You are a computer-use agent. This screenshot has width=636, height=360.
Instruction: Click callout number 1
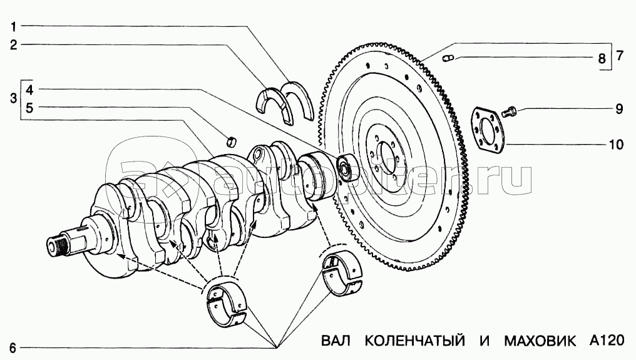(x=13, y=27)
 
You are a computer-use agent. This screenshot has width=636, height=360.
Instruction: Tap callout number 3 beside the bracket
(x=13, y=98)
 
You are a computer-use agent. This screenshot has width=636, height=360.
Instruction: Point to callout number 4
(x=30, y=90)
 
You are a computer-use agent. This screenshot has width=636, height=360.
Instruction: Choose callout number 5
(x=30, y=107)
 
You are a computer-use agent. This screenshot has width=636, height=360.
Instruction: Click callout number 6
(x=13, y=346)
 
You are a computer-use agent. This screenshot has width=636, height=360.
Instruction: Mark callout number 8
(x=602, y=59)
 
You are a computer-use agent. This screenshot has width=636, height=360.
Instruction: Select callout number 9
(x=618, y=110)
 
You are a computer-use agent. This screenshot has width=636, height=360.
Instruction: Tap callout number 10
(x=616, y=145)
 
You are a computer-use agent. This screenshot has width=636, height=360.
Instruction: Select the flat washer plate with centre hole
(x=488, y=130)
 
